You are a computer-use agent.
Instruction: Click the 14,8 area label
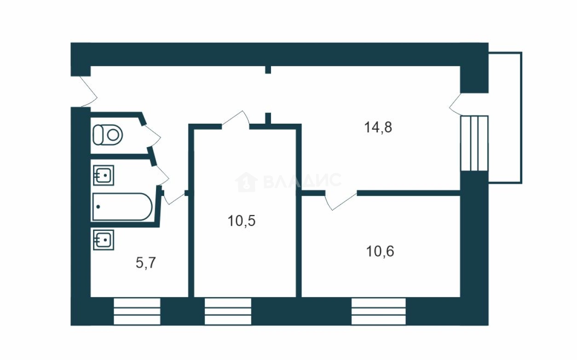(x=378, y=127)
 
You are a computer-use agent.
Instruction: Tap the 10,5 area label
(x=242, y=221)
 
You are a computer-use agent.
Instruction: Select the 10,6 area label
(x=380, y=251)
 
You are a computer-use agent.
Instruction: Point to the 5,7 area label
(x=145, y=263)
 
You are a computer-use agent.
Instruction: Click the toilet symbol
(x=107, y=135)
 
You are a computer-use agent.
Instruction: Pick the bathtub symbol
(x=122, y=206)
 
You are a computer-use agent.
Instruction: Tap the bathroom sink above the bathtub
(x=103, y=175)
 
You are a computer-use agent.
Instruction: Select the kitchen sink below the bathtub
(x=103, y=240)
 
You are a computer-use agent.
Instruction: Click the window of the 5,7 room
(x=137, y=311)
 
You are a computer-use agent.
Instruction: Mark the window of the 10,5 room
(x=228, y=311)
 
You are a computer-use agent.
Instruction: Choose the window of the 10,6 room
(x=378, y=311)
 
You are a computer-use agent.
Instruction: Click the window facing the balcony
(x=474, y=143)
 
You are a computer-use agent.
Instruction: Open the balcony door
(x=456, y=104)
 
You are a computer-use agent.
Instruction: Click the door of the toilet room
(x=152, y=137)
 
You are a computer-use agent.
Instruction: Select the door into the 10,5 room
(x=236, y=119)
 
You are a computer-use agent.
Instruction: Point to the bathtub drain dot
(x=98, y=206)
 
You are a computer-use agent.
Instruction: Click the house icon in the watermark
(x=246, y=182)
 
